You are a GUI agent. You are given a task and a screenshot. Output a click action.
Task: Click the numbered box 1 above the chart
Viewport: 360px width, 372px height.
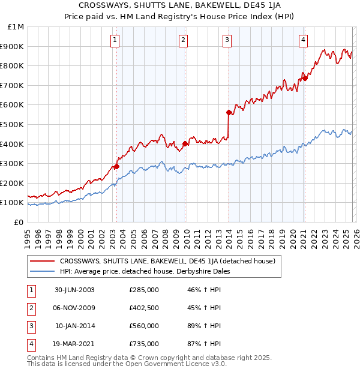click(x=115, y=40)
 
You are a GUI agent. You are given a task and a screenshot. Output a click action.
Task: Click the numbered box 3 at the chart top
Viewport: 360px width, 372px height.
click(x=227, y=40)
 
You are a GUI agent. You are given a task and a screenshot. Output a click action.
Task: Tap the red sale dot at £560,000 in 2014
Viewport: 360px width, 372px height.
click(x=229, y=112)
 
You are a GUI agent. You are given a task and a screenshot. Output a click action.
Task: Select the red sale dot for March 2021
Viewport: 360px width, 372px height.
click(x=305, y=78)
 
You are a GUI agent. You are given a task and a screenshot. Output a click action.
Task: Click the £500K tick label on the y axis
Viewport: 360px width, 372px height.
click(x=12, y=124)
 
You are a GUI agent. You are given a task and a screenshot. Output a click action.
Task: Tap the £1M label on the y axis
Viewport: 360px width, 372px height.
click(x=16, y=26)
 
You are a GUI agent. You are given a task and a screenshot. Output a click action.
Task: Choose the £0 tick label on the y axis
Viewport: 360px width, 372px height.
click(x=18, y=222)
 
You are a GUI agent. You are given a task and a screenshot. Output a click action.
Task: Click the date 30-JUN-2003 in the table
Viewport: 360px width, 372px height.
click(x=74, y=290)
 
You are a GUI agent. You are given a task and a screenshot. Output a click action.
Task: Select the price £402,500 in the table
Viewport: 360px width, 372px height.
click(x=143, y=308)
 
